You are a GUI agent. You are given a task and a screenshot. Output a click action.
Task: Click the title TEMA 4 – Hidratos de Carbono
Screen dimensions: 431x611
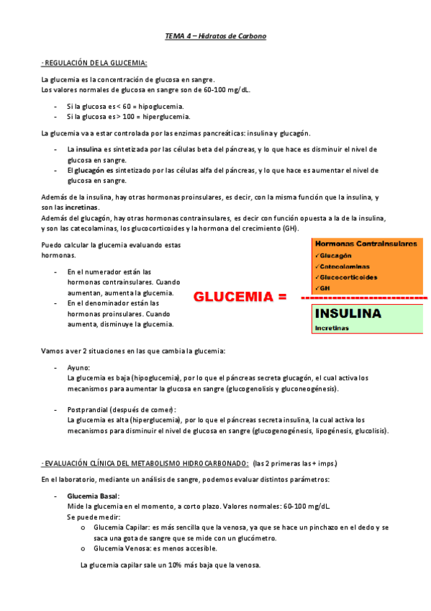coord(215,35)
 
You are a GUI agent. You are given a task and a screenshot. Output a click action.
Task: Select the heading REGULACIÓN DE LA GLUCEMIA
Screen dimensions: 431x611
coord(94,63)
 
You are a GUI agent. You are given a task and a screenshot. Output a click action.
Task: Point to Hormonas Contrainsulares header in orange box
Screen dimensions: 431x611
coord(366,244)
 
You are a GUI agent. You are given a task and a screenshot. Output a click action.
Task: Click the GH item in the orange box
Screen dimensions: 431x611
coord(325,288)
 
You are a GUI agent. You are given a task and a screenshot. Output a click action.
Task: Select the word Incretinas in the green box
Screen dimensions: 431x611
coord(332,328)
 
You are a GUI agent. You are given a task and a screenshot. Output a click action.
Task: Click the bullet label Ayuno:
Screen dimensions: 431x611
coord(78,367)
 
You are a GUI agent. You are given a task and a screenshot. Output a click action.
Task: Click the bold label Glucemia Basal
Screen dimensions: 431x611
coord(93,496)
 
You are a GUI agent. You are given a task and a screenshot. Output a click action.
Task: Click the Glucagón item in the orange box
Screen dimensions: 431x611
coord(336,256)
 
